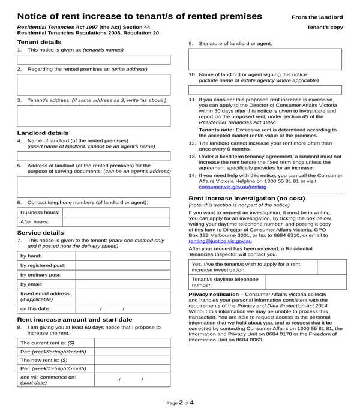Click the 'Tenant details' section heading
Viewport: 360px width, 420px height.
point(39,42)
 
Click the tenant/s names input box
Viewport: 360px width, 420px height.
point(94,59)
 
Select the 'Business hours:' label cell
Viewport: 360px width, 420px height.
point(40,212)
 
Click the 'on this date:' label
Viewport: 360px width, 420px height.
point(36,308)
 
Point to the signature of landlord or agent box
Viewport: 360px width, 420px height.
point(265,59)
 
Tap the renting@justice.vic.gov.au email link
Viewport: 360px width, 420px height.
point(220,241)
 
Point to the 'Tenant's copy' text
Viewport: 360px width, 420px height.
point(325,28)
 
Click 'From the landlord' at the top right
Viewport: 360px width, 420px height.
point(317,17)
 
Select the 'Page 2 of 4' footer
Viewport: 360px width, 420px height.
point(180,403)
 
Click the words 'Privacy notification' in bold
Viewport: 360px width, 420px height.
point(214,295)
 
